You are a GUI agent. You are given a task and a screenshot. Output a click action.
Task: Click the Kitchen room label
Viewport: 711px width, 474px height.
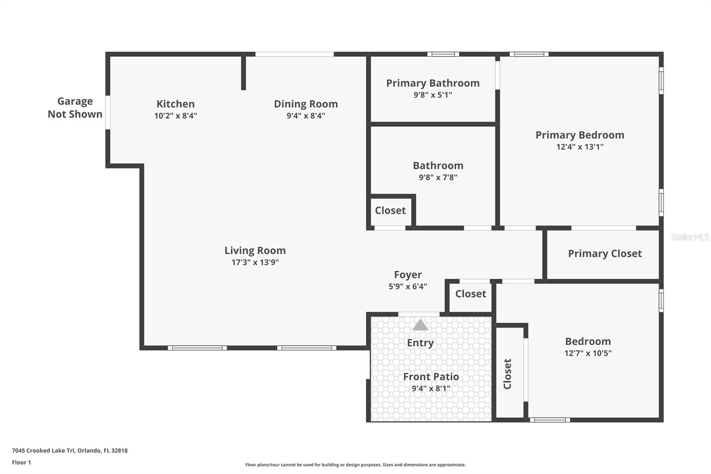click(x=176, y=104)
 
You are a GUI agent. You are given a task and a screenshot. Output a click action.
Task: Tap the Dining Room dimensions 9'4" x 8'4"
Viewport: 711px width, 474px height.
click(x=306, y=116)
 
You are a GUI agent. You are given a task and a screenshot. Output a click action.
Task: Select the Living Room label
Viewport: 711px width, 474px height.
click(x=255, y=251)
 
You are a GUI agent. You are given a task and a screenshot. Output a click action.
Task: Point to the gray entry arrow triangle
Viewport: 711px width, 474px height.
click(x=420, y=325)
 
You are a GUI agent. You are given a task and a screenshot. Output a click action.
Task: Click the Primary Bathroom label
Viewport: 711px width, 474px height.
click(x=433, y=83)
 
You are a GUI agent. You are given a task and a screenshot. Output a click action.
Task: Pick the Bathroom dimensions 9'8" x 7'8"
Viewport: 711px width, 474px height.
click(x=438, y=177)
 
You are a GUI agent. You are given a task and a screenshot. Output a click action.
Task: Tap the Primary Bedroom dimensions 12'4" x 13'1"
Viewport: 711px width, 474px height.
click(x=580, y=147)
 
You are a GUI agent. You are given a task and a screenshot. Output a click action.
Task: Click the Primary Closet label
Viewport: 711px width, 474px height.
click(x=605, y=253)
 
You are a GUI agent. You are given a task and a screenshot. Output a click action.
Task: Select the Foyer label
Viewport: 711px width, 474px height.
click(x=408, y=274)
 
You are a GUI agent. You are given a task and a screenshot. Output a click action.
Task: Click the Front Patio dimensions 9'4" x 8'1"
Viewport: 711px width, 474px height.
click(x=431, y=388)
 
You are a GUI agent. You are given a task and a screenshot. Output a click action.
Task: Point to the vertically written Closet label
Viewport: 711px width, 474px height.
click(x=507, y=374)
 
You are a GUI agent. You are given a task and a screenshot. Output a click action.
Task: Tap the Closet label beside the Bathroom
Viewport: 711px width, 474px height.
click(x=391, y=210)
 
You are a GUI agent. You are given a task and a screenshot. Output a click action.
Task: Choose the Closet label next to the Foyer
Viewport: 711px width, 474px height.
click(x=471, y=294)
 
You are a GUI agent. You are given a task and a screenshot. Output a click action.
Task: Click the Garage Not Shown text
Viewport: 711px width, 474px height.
click(x=75, y=108)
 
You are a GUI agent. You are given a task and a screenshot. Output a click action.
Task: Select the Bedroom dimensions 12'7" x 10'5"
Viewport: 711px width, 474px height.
click(x=588, y=353)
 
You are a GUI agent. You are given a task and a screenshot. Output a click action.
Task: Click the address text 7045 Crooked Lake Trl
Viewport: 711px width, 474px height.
click(x=44, y=450)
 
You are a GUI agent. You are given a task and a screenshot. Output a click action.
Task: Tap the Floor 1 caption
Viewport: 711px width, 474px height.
click(x=22, y=462)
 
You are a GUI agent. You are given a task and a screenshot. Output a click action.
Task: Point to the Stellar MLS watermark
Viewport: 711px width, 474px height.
click(x=690, y=237)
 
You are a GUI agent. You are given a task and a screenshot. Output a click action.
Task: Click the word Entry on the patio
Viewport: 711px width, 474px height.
click(x=420, y=343)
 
